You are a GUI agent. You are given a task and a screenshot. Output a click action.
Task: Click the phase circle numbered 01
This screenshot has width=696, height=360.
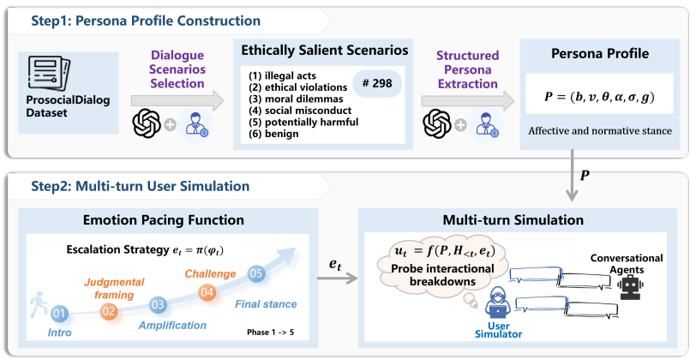tap(59, 314)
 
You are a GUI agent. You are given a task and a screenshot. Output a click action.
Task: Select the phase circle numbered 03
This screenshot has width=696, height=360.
tap(158, 304)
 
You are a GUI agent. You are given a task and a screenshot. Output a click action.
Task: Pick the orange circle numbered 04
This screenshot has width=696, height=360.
tap(207, 291)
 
